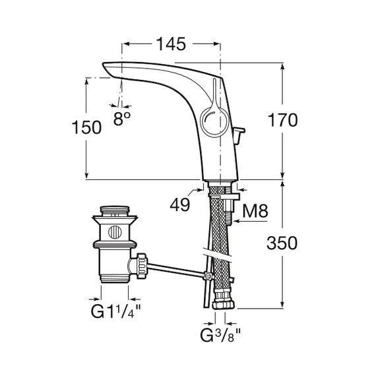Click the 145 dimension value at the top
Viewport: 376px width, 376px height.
(x=171, y=44)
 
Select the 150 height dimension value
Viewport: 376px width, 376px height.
(x=86, y=127)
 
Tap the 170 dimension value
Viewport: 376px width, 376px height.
(x=283, y=120)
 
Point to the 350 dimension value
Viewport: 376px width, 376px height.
(x=282, y=243)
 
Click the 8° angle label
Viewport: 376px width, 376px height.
(x=122, y=119)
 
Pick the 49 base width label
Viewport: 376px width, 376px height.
(x=180, y=204)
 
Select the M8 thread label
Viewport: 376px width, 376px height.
(x=255, y=211)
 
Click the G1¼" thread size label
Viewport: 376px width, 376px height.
(x=115, y=311)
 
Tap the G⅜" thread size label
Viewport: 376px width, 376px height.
(x=220, y=335)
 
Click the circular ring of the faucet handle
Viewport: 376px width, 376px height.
(x=201, y=122)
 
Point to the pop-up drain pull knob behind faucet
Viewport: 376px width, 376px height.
(x=239, y=135)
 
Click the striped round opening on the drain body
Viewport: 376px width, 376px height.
(x=115, y=232)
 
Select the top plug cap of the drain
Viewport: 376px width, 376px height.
(x=115, y=210)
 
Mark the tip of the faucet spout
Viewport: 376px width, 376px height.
(x=104, y=64)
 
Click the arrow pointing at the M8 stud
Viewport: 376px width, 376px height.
(x=250, y=222)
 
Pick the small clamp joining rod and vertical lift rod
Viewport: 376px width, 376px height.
(x=208, y=276)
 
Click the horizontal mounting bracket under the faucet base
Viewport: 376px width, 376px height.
(x=224, y=197)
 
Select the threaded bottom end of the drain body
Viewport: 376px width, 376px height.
(x=115, y=279)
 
